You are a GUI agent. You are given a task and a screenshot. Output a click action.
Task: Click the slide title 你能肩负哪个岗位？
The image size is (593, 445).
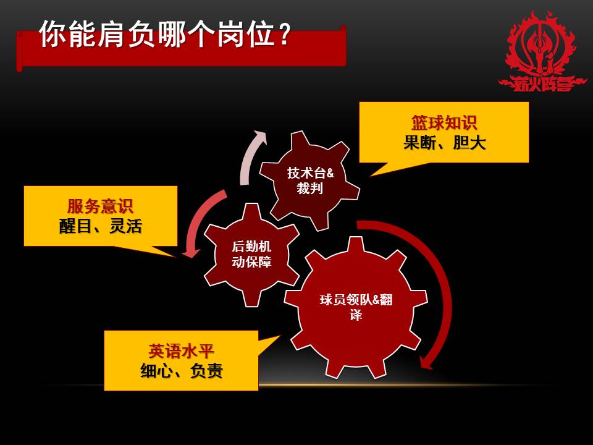(164, 35)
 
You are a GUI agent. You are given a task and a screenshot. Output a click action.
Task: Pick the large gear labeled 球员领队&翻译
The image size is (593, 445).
(355, 307)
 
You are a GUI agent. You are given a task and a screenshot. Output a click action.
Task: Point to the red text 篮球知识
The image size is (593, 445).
(444, 122)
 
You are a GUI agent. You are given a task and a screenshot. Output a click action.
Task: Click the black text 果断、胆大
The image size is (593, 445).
(444, 143)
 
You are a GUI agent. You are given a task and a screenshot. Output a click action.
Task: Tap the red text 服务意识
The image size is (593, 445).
(100, 206)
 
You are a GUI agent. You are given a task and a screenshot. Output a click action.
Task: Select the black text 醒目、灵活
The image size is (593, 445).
(100, 226)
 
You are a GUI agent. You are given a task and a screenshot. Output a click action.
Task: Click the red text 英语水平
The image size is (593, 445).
(181, 352)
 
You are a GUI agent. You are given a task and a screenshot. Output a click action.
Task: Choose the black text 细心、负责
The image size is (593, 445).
(181, 371)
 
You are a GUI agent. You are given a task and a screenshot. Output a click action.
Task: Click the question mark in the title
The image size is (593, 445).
(282, 36)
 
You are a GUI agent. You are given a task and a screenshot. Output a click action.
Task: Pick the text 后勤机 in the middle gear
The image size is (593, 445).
(251, 247)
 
